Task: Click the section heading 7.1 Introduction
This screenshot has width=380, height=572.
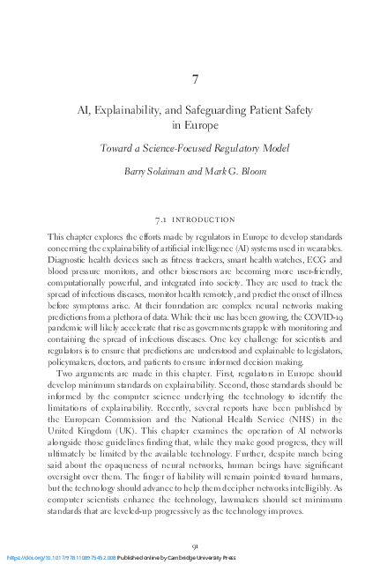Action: (194, 219)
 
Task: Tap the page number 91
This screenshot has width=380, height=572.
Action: (194, 546)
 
